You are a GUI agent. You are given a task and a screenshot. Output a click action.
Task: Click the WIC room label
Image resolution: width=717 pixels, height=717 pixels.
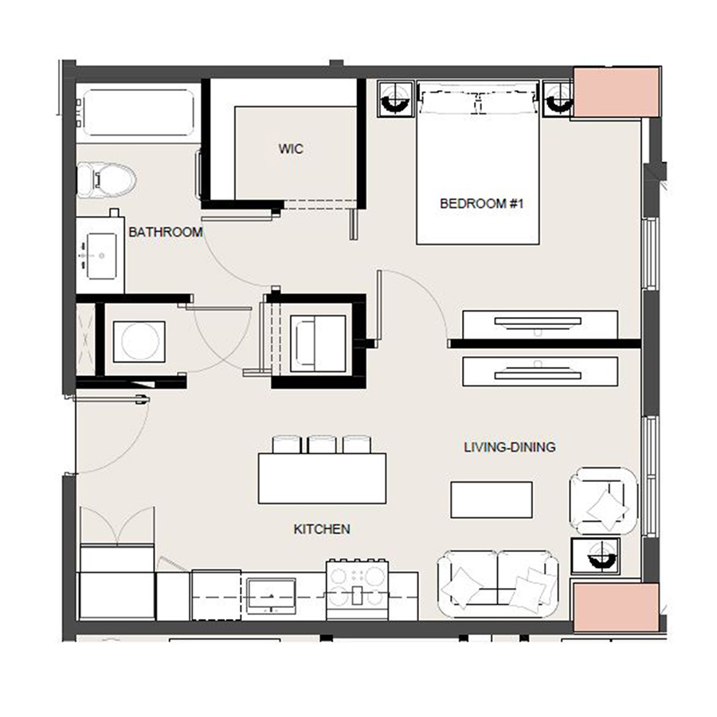tap(291, 149)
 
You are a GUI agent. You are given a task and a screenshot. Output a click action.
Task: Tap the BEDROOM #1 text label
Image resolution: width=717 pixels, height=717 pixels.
tap(481, 204)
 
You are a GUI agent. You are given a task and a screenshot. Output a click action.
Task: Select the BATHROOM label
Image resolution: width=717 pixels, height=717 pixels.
tap(166, 232)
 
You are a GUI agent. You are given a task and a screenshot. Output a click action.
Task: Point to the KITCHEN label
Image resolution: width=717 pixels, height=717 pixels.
tap(322, 529)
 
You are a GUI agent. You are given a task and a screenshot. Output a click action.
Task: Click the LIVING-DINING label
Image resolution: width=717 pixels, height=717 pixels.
tap(510, 447)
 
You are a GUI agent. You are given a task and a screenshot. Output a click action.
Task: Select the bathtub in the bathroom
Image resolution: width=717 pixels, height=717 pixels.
tap(136, 114)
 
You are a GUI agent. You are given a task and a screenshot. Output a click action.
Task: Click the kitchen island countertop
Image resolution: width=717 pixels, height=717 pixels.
tap(322, 478)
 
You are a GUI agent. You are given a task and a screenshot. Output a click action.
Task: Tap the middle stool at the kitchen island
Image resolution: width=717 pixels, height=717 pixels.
tap(322, 444)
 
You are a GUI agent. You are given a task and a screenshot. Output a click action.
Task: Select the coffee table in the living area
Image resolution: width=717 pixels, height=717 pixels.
tap(492, 500)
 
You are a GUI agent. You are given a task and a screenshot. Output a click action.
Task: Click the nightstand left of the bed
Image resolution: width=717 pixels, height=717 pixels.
tap(395, 99)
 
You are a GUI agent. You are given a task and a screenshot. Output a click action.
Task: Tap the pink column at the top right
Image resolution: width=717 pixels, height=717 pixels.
tap(616, 92)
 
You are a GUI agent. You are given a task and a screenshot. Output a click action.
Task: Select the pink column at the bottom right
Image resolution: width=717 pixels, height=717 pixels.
tap(616, 608)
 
